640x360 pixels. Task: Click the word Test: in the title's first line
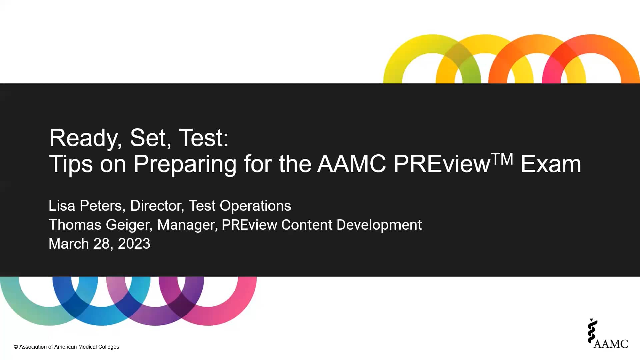tap(204, 138)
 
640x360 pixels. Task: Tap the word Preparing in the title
tap(185, 164)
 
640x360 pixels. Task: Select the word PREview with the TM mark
tap(441, 164)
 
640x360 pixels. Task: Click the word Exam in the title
tap(551, 164)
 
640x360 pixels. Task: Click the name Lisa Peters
tap(85, 206)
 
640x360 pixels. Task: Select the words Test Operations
tap(240, 206)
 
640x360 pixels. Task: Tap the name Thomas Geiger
tap(99, 225)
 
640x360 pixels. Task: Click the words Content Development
tap(351, 225)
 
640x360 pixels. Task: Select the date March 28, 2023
tap(99, 244)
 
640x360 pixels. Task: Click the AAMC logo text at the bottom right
tap(611, 344)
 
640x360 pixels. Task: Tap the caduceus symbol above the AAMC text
tap(592, 331)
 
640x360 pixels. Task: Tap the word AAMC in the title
tap(351, 164)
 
